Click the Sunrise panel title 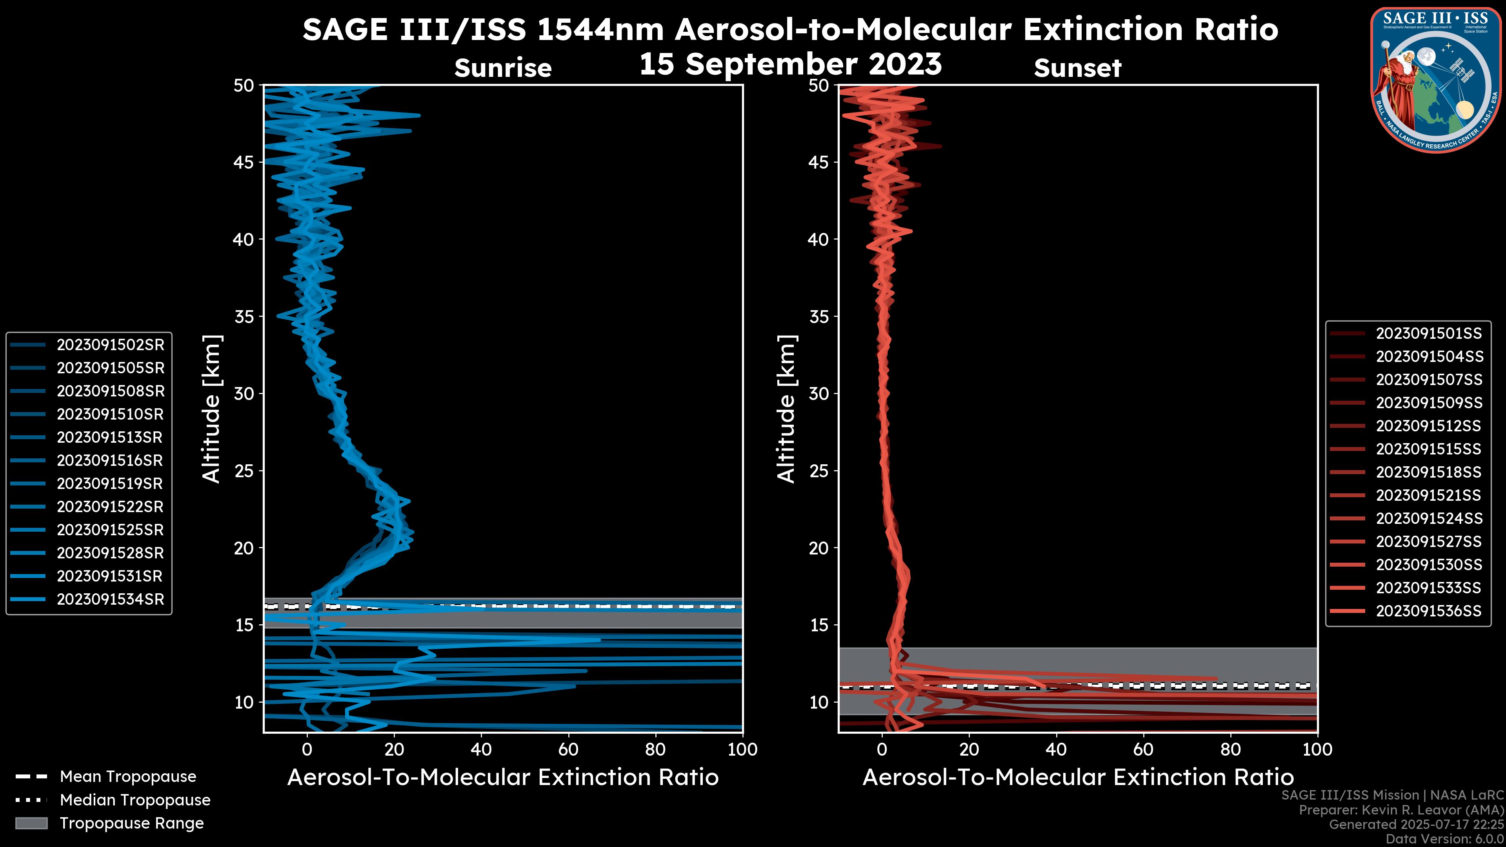pos(503,68)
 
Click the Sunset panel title pos(1077,68)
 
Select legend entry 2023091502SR pos(110,345)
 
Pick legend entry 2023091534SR pos(110,599)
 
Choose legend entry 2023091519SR pos(110,483)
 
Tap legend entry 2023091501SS pos(1428,334)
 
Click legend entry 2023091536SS pos(1428,611)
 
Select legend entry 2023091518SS pos(1428,472)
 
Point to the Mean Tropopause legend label pos(128,776)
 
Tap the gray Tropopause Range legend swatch pos(31,823)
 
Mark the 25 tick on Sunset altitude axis pos(819,471)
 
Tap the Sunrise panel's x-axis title pos(503,778)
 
